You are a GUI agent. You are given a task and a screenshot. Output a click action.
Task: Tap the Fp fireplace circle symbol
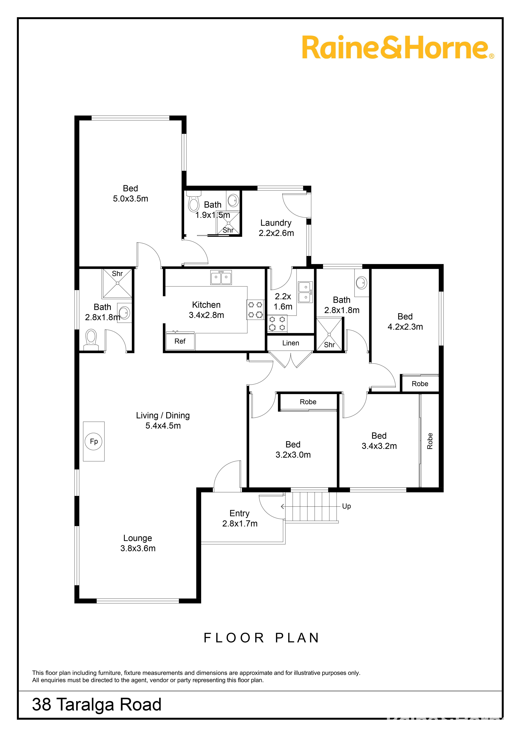[94, 441]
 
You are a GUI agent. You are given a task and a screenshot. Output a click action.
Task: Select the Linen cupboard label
[291, 343]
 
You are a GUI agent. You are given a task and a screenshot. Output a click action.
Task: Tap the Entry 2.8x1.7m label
[240, 518]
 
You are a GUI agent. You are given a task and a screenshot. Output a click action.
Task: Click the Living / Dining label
[163, 415]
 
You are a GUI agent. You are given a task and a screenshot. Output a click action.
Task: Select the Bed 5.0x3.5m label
[130, 193]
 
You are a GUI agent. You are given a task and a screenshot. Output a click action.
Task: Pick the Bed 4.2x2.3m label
[405, 322]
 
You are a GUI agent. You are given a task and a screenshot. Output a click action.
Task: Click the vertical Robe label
[430, 441]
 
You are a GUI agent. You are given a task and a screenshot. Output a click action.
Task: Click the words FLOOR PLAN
[261, 638]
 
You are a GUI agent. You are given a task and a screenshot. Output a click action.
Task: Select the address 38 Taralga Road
[97, 705]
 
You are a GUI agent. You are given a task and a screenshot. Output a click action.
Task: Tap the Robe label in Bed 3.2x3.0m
[308, 402]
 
